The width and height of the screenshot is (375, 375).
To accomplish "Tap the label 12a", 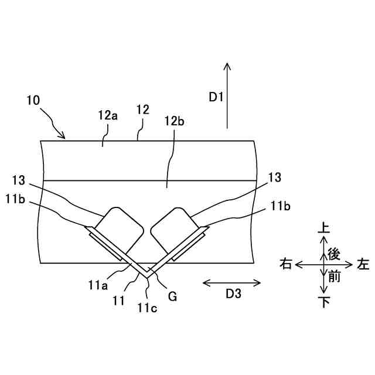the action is click(x=108, y=115).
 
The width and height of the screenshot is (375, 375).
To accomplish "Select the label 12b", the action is click(x=175, y=121).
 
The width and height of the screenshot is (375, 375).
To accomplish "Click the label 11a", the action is click(x=98, y=286).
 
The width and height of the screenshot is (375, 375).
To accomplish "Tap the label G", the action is click(x=172, y=296).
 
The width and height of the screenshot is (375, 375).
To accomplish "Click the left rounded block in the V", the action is click(x=119, y=229).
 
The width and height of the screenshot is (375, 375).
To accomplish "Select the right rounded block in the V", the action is click(x=174, y=229).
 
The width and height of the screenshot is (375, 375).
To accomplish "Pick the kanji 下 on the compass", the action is click(x=323, y=302).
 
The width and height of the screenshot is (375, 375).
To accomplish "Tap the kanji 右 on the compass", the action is click(x=287, y=265).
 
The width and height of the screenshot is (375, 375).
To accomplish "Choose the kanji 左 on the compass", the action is click(x=363, y=265).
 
